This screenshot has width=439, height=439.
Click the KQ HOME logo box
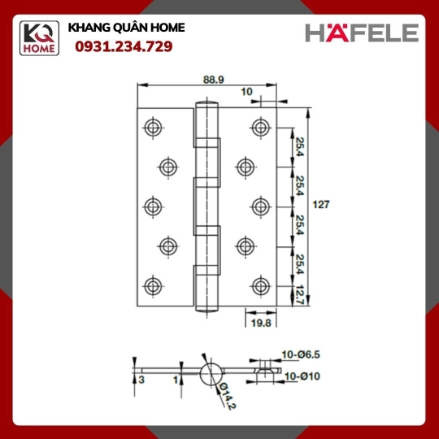tap(39, 38)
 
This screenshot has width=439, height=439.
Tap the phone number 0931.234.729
tap(124, 46)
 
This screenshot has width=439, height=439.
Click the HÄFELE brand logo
tap(362, 33)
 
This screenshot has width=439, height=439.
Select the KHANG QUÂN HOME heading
tap(126, 28)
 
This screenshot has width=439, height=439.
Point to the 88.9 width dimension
tap(214, 80)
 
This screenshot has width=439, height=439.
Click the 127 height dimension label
tap(321, 205)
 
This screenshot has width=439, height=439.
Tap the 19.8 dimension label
tap(261, 323)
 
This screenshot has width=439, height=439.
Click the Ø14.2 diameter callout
tap(228, 396)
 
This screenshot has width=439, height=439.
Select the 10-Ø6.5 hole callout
tap(301, 354)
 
